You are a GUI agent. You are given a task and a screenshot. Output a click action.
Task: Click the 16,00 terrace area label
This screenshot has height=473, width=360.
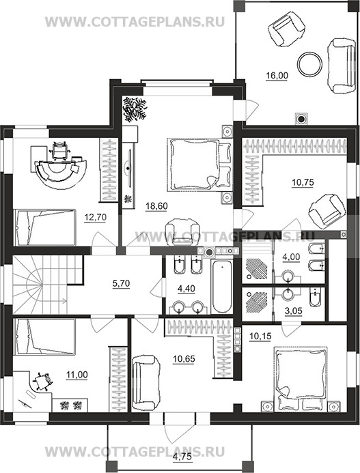coord(277,75)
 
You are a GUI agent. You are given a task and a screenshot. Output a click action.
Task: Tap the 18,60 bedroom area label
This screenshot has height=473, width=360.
coord(156,206)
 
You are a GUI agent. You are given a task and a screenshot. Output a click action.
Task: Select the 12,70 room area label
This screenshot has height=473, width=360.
coord(96,217)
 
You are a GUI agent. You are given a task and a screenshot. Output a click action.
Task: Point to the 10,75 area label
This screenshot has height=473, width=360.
coord(303,182)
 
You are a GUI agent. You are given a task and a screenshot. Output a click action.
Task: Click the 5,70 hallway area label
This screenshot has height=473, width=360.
coord(121,283)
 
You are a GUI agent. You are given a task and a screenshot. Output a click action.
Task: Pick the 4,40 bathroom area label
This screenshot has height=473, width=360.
coord(186,289)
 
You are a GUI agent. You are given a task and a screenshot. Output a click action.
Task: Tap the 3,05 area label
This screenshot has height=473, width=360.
coord(294,311)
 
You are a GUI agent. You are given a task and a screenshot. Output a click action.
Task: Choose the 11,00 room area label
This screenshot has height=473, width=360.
coord(77,375)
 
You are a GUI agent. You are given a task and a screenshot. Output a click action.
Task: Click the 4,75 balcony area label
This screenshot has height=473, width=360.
coord(182,457)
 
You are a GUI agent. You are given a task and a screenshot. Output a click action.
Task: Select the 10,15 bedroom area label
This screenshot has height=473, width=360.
coord(260,336)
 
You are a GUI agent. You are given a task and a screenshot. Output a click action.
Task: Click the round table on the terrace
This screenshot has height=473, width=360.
coord(309,64)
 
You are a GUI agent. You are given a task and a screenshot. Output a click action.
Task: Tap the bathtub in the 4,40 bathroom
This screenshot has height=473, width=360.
coord(222,287)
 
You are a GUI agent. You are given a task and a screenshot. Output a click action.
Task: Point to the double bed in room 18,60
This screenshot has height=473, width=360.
coord(199,164)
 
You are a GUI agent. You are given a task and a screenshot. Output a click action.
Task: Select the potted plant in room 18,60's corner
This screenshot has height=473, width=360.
coord(135,109)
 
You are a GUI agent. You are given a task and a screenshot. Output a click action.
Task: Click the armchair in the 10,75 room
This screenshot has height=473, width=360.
coord(326,210)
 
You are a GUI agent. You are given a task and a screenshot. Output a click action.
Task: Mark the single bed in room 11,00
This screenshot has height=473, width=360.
coord(44,336)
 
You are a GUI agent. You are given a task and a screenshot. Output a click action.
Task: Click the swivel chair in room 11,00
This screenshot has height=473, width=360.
coord(42,382)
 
